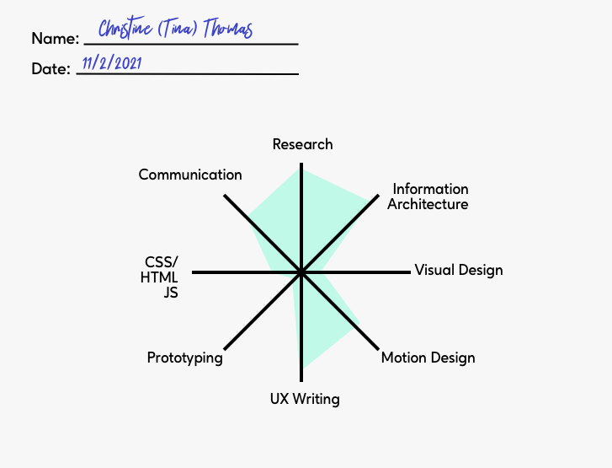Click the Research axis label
[x=302, y=144]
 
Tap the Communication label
[x=190, y=175]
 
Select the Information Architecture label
[x=429, y=196]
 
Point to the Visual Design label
[x=458, y=270]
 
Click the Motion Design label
[x=428, y=358]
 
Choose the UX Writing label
[x=305, y=399]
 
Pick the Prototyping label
[x=184, y=358]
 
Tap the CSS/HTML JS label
[x=161, y=277]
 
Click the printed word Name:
[x=56, y=38]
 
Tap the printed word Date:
[x=51, y=69]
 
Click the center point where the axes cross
[x=301, y=272]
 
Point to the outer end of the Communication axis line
[x=226, y=196]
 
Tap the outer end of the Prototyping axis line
[x=226, y=347]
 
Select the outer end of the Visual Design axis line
[x=409, y=272]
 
